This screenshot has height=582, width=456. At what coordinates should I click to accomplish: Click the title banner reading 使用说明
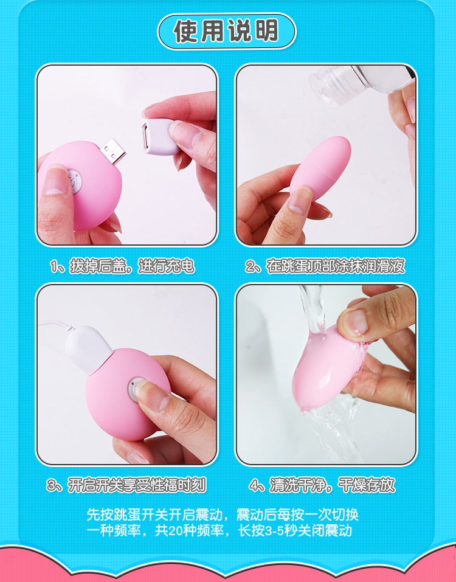tap(227, 32)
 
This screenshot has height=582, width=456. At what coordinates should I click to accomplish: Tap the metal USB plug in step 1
tap(112, 150)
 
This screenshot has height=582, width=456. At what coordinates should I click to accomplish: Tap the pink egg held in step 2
tap(320, 167)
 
